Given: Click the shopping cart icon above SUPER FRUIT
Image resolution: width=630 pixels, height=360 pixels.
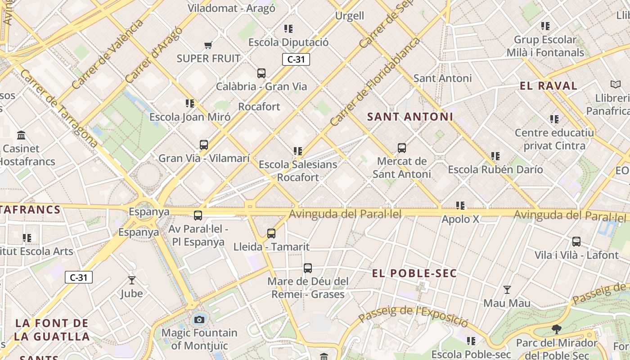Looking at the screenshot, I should point(208,45).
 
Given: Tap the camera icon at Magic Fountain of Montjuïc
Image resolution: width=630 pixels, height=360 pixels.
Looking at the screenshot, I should point(199,319).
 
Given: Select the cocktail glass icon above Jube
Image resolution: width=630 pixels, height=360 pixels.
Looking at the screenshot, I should point(132,280).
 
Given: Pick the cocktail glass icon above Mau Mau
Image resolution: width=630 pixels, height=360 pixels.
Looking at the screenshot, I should point(507,290).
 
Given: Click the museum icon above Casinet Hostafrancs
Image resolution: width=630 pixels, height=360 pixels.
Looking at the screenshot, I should point(21,135).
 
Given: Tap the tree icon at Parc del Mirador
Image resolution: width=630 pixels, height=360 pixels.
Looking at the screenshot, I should point(557,329).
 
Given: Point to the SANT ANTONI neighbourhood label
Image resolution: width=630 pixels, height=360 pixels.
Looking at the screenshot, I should point(410,117).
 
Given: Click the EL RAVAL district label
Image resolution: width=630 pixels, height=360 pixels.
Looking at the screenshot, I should point(548,86).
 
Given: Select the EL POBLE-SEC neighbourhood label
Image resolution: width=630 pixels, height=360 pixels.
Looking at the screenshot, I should point(414,273).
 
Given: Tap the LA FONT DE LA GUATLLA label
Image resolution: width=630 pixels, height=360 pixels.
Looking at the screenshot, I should point(52,329).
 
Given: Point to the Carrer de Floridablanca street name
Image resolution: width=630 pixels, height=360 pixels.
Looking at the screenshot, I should point(375,81).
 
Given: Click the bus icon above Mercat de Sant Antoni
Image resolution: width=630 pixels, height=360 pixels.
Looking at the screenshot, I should point(402,148).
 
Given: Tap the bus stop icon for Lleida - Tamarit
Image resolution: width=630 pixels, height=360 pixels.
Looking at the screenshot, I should point(271,233).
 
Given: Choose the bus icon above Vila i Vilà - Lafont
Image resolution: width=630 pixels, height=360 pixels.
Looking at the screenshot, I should point(576,242).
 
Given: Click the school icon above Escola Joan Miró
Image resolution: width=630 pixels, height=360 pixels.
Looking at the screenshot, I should point(190,103).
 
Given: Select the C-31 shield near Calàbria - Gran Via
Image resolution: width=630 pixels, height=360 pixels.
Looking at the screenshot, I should point(296,59).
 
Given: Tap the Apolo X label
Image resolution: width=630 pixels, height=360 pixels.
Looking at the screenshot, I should point(460,220).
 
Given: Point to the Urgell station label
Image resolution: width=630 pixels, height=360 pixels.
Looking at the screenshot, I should point(350,16).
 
